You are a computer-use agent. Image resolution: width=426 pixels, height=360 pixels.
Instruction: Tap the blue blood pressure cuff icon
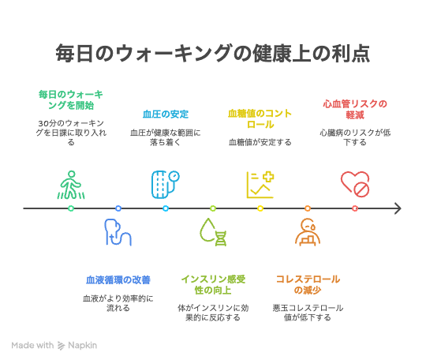(165, 185)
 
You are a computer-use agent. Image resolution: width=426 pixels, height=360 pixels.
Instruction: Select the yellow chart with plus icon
(260, 185)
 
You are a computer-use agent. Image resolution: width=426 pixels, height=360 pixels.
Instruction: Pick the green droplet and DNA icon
(213, 232)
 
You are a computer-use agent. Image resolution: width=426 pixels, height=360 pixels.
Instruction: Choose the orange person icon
(308, 232)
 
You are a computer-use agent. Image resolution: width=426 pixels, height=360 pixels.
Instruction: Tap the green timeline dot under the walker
(71, 208)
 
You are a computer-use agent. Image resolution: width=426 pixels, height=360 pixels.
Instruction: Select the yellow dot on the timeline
(260, 208)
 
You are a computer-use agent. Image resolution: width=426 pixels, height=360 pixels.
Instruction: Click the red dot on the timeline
(355, 208)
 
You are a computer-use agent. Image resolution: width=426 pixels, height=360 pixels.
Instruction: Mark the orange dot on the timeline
(308, 208)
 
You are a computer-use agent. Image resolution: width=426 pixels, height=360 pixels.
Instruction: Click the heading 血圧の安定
(166, 114)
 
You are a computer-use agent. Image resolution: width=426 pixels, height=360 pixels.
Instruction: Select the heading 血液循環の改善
(118, 280)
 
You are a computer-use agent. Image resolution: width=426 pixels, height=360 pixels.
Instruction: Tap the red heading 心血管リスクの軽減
(355, 109)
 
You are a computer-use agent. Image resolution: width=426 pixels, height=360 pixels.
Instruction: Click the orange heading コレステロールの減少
(308, 285)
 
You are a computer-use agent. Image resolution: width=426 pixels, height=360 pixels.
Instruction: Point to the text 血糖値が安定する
(260, 142)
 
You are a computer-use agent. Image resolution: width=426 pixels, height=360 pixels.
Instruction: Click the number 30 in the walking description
(43, 124)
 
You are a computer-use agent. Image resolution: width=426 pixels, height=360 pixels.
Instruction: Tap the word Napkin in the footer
(82, 345)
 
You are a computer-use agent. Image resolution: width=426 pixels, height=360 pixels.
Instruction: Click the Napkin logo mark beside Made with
(61, 346)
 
